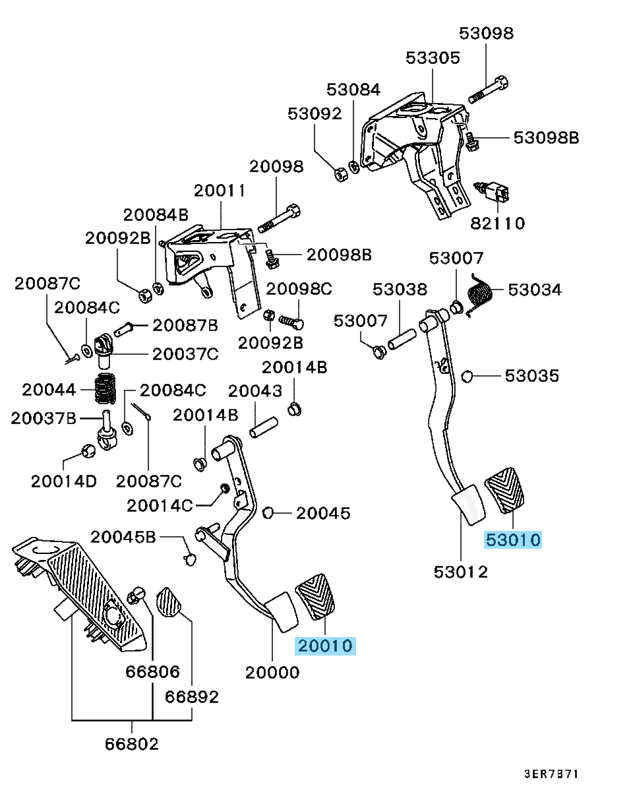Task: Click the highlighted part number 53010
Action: click(x=513, y=540)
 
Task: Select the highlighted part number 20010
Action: click(x=326, y=646)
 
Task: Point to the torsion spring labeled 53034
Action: click(x=479, y=296)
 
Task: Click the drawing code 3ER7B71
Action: click(x=551, y=774)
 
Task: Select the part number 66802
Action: click(x=131, y=744)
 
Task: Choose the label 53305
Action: click(x=433, y=58)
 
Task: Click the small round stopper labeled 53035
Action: click(x=467, y=376)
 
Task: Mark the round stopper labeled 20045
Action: click(x=268, y=512)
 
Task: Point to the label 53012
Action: click(x=461, y=572)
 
